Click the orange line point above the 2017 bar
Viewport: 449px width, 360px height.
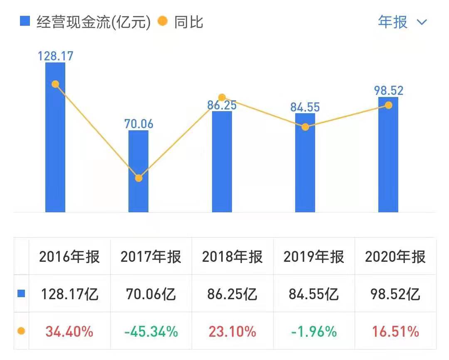point(139,178)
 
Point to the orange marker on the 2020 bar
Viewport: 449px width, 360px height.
point(388,105)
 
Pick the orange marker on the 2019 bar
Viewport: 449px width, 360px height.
point(305,127)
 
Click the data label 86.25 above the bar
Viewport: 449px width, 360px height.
point(222,105)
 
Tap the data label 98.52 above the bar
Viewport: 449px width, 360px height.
point(388,90)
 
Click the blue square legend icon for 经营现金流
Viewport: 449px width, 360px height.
point(25,22)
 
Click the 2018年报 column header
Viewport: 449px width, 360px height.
point(232,257)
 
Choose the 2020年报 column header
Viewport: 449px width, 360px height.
point(395,257)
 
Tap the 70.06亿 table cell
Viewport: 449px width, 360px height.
point(151,294)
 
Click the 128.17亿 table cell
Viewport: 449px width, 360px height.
point(70,294)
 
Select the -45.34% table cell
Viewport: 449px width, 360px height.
point(151,332)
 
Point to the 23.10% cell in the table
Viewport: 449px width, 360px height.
point(232,332)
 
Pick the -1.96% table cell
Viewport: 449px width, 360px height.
point(314,332)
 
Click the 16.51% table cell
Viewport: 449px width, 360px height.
point(395,332)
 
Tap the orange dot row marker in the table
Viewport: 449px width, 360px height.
point(21,331)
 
